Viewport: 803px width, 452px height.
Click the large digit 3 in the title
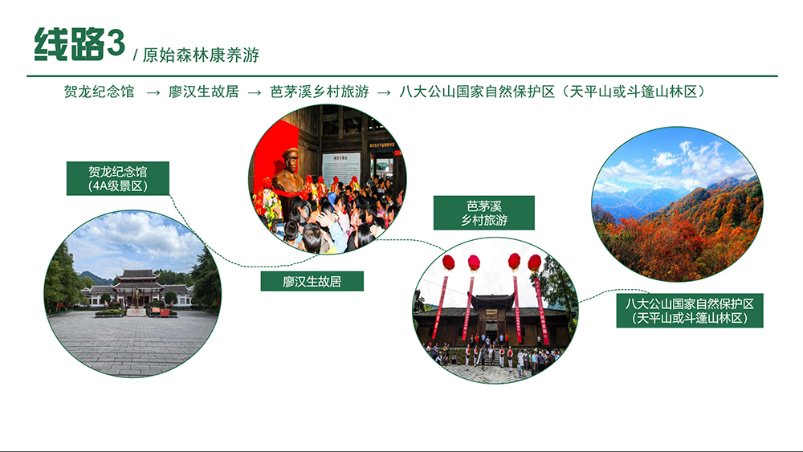[x=116, y=43]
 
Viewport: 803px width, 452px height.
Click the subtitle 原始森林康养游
[x=201, y=55]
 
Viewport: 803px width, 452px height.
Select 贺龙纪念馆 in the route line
[x=99, y=92]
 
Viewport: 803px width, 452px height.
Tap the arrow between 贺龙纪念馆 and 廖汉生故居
[x=153, y=92]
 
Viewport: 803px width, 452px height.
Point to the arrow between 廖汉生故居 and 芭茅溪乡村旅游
[x=255, y=92]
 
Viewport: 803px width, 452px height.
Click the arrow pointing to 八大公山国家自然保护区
[x=384, y=92]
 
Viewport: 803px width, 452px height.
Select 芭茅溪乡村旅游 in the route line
[x=320, y=92]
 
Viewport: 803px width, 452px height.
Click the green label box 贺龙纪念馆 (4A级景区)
[x=118, y=179]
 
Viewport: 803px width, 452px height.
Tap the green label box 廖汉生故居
[x=312, y=281]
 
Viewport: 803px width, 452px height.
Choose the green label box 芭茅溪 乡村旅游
[x=484, y=213]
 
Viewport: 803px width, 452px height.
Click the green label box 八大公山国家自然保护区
[x=689, y=311]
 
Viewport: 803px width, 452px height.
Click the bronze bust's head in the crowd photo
[x=291, y=160]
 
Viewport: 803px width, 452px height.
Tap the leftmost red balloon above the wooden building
[x=449, y=263]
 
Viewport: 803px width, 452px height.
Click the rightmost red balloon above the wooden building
[x=535, y=263]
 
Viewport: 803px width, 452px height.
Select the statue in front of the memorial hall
[x=137, y=299]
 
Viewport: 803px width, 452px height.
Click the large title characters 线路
[x=70, y=43]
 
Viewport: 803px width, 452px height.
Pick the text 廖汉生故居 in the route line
[x=204, y=92]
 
